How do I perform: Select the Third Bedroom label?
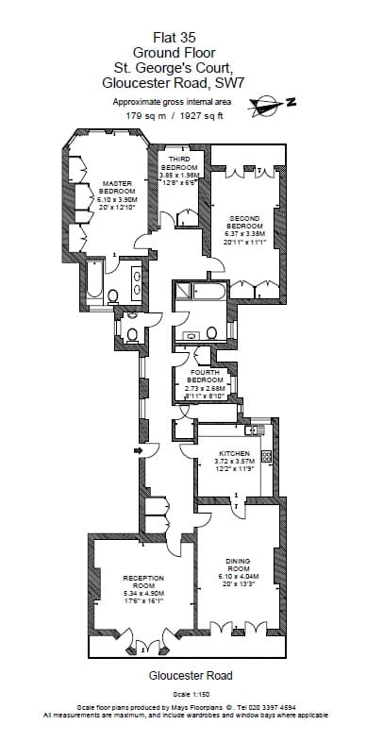click(x=179, y=163)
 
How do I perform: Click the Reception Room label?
click(x=143, y=580)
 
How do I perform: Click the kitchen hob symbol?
click(x=266, y=456)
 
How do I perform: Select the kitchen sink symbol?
click(x=252, y=430)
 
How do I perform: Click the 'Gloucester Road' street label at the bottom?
click(x=191, y=676)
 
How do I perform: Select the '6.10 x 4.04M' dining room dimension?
click(x=237, y=577)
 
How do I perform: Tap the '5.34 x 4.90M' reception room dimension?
click(x=143, y=592)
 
